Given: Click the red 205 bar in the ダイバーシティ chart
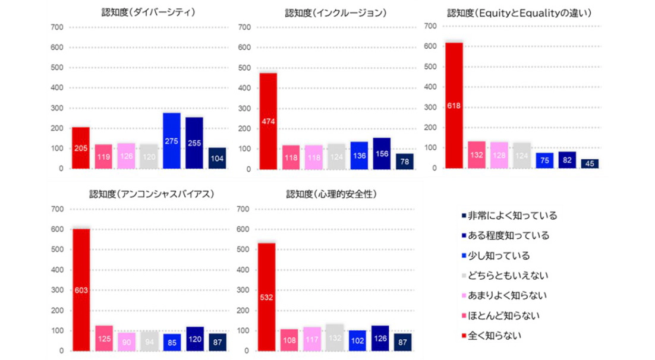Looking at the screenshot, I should pyautogui.click(x=80, y=148).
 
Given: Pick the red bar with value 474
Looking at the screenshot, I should pyautogui.click(x=268, y=121).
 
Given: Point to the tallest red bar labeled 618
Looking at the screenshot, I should pyautogui.click(x=454, y=106).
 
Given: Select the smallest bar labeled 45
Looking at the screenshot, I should pyautogui.click(x=590, y=163).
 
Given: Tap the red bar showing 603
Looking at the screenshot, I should pyautogui.click(x=81, y=290).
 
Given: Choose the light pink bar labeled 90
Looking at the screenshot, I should pyautogui.click(x=126, y=342).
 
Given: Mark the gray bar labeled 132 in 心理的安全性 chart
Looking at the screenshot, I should pyautogui.click(x=335, y=337).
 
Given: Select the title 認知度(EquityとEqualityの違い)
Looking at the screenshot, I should pyautogui.click(x=519, y=13).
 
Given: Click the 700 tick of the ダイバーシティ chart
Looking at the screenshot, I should pyautogui.click(x=57, y=27).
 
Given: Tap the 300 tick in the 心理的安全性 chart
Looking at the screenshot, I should pyautogui.click(x=243, y=290).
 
